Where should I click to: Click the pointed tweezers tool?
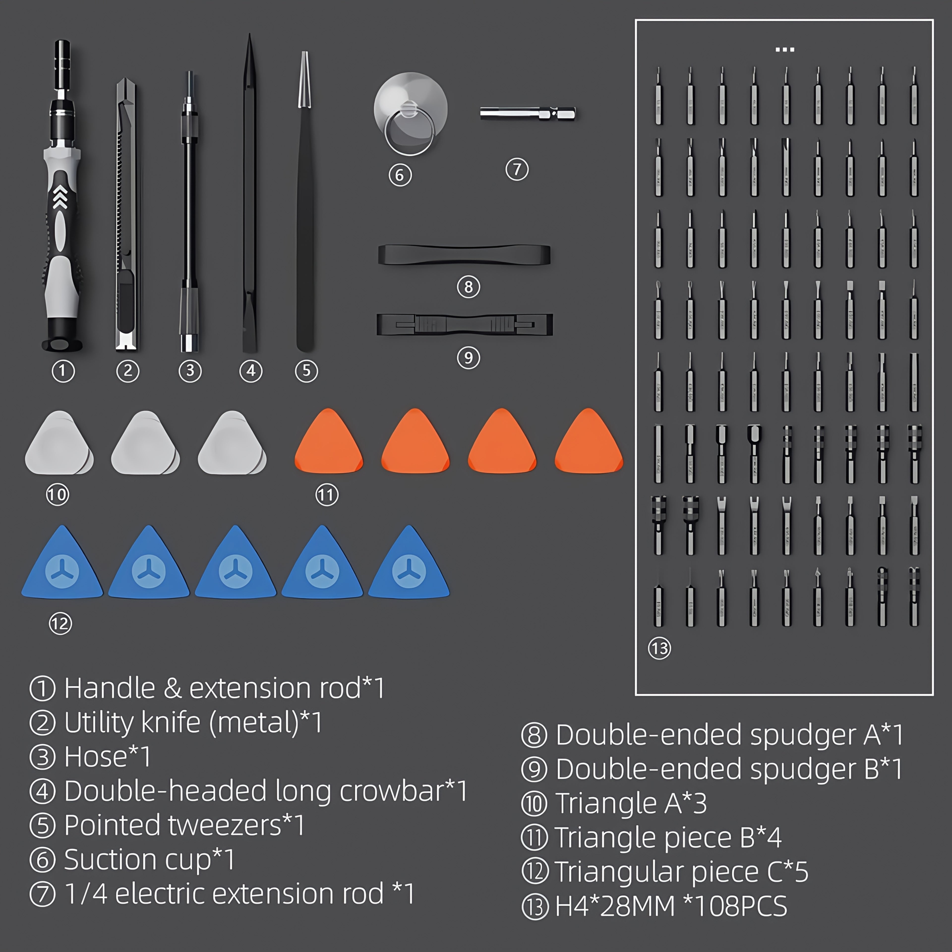(305, 202)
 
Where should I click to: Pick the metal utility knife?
(126, 214)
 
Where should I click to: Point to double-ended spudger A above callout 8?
(464, 255)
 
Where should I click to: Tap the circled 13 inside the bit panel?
(659, 648)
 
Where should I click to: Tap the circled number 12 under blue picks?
(60, 624)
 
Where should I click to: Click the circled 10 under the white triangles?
(57, 494)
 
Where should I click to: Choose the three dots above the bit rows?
(784, 50)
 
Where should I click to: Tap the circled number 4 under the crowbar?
(251, 371)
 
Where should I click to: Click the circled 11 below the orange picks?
(327, 495)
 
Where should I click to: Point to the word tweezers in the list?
(225, 825)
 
